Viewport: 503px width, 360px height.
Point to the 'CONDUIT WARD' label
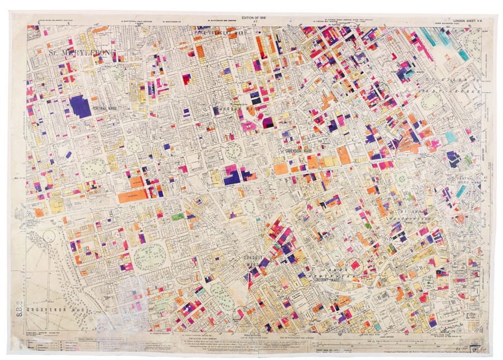point(252,261)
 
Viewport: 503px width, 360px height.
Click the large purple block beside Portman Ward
point(80,106)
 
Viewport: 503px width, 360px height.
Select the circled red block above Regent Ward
point(354,265)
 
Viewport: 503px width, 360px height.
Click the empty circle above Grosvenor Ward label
point(49,236)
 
